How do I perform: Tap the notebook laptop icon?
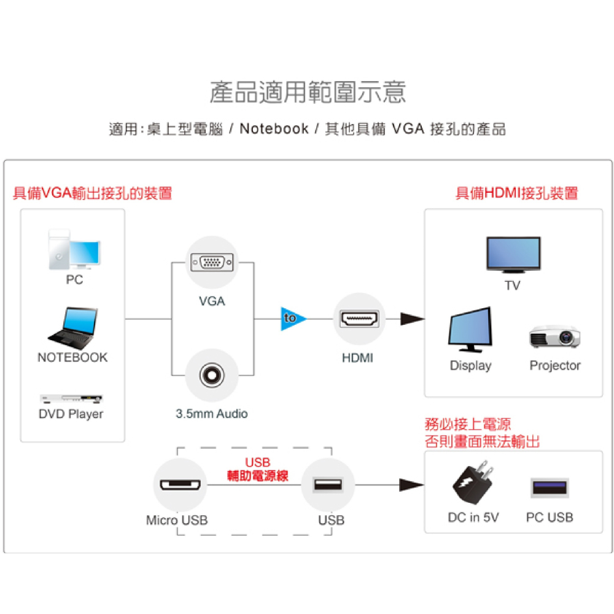[x=73, y=326]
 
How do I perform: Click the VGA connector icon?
[x=212, y=263]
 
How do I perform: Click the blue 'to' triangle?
[x=292, y=318]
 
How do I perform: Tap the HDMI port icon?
[x=360, y=319]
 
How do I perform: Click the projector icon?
[x=554, y=335]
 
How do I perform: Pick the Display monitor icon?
[x=470, y=330]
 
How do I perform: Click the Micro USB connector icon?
[x=180, y=486]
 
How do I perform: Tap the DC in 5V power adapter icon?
[x=473, y=483]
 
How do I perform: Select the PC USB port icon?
[x=549, y=488]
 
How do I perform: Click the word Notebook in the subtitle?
[x=274, y=129]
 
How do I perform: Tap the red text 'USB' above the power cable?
[x=257, y=462]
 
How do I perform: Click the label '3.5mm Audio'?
[x=212, y=414]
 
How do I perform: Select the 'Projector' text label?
[x=555, y=365]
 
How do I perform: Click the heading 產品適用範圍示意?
[x=308, y=92]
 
